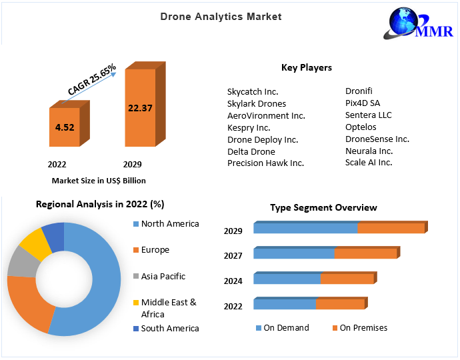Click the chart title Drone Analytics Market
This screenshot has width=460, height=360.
[x=221, y=16]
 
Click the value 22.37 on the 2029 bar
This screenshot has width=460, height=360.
[x=141, y=108]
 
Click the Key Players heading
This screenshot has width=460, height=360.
[x=306, y=67]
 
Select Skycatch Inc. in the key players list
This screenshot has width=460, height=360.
[x=253, y=91]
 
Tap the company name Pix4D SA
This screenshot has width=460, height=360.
[x=363, y=103]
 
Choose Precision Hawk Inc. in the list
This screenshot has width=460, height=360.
[x=265, y=163]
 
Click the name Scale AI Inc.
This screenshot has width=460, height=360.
[x=369, y=162]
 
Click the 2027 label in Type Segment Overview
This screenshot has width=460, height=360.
[x=233, y=256]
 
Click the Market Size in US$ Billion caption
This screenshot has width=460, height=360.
[x=99, y=180]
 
